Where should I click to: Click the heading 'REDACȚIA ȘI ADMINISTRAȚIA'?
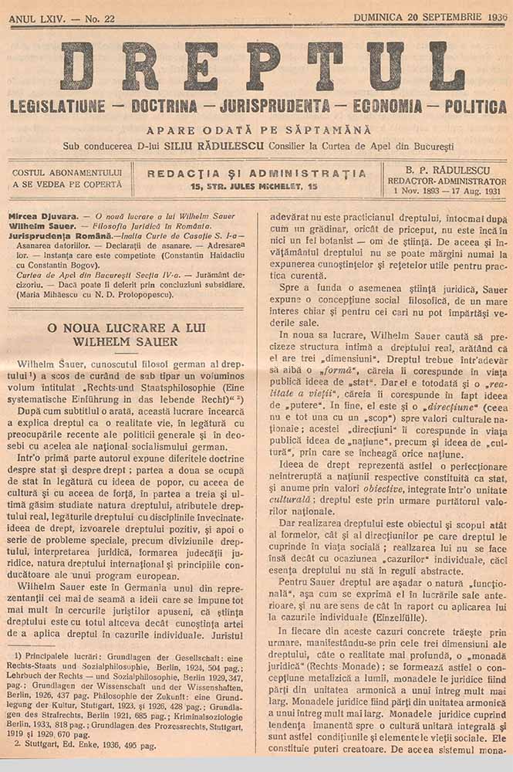coord(257,173)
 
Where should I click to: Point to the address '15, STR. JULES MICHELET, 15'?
coord(257,186)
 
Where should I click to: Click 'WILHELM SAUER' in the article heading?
coord(126,341)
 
